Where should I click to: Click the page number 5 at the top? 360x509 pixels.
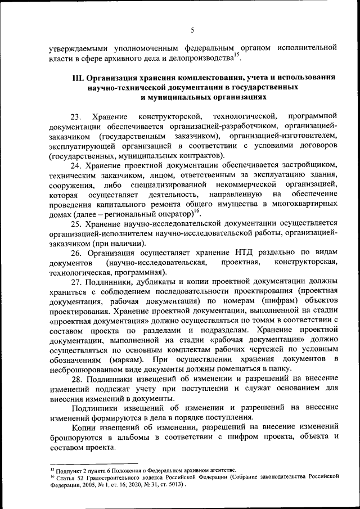click(x=192, y=30)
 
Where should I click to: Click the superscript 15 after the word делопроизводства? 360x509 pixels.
click(x=237, y=54)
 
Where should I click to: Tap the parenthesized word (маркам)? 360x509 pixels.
click(x=130, y=358)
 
